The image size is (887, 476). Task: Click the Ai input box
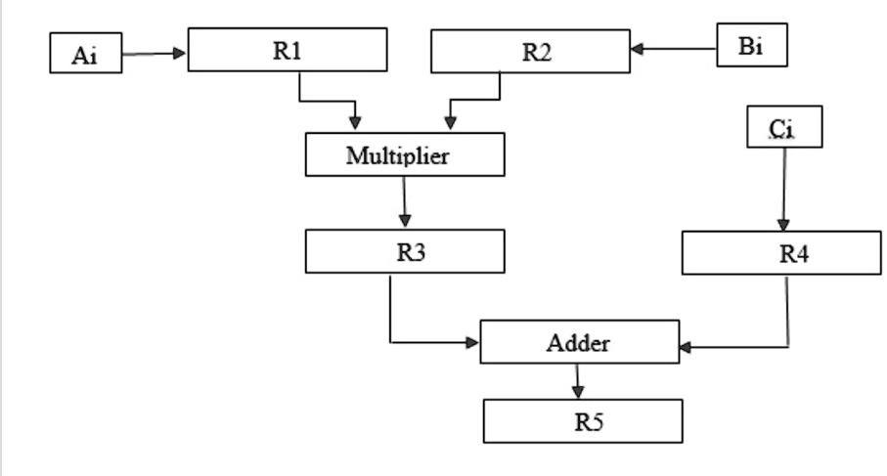86,54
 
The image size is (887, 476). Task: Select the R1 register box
287,50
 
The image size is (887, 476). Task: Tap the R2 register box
530,51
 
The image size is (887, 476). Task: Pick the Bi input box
751,47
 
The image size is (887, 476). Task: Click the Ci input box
784,128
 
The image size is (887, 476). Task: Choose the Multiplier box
405,154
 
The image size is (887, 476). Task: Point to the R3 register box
405,251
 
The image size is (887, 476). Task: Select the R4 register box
780,253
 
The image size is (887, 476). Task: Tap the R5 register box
583,421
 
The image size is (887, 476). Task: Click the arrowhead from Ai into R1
179,53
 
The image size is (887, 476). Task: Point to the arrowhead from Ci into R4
780,224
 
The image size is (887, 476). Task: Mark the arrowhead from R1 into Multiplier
355,123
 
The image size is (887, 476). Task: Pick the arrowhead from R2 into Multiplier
449,123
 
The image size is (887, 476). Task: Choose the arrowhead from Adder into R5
578,391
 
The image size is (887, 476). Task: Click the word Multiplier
397,154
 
